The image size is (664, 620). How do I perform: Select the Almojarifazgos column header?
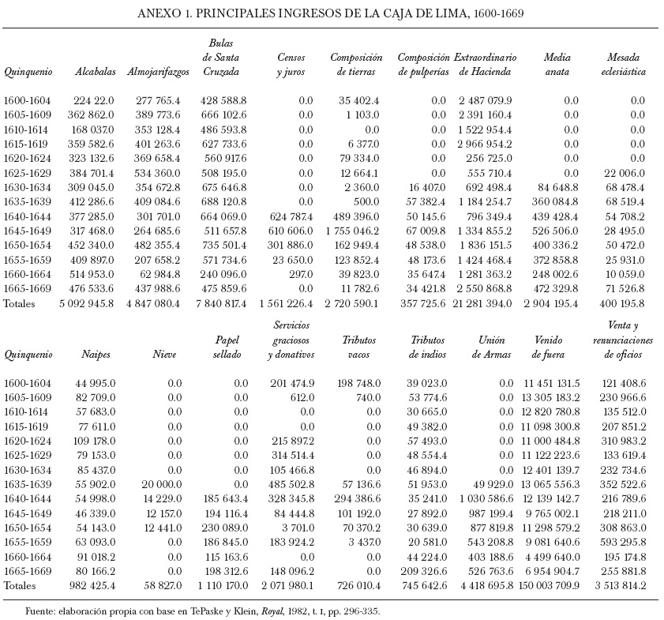tap(158, 72)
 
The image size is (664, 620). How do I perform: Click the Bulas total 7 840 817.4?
tap(215, 303)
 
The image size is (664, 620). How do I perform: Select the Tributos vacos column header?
tap(358, 348)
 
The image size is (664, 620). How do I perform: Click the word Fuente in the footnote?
tap(42, 611)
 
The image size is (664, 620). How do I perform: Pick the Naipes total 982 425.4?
tap(88, 585)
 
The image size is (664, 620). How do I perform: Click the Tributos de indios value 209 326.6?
tap(418, 572)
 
